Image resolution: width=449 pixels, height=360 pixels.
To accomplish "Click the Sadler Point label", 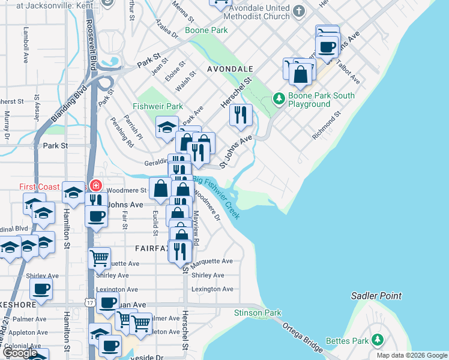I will coord(376,296).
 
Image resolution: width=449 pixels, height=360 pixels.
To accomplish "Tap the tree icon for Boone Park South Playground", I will coord(279,98).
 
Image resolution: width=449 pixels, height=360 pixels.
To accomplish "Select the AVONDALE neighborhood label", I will coord(230,70).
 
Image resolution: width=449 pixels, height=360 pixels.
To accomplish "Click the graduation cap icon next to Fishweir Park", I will coord(167,127).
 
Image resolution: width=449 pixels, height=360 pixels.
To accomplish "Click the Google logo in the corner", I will coord(20,353).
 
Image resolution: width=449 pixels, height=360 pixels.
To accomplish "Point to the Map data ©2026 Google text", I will coord(412,355).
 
